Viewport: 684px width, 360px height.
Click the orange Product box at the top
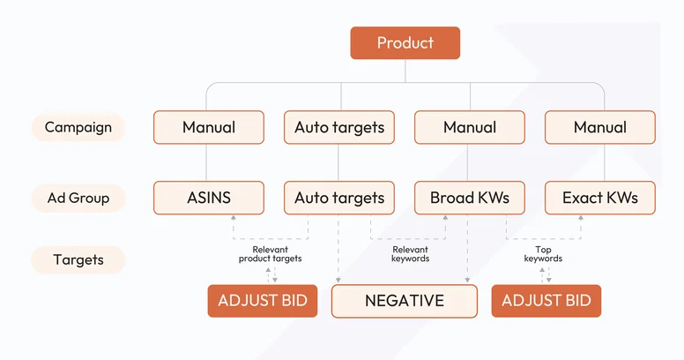405,43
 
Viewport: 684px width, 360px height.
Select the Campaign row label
78,127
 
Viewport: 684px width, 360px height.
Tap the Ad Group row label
78,198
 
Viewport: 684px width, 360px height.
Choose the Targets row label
78,259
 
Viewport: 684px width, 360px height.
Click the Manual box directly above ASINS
209,127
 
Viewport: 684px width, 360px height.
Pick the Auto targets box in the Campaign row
339,127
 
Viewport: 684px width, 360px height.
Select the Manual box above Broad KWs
470,127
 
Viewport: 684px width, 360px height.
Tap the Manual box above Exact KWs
600,127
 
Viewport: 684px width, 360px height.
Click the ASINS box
209,198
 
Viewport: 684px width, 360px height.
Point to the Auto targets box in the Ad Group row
339,198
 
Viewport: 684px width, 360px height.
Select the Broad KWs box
470,198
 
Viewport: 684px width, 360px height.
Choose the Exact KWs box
600,198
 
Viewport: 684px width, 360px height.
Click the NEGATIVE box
405,301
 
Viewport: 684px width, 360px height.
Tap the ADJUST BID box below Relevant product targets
262,301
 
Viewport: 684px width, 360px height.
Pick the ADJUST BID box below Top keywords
546,301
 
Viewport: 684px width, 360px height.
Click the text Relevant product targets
270,254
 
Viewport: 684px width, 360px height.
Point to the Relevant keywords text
410,254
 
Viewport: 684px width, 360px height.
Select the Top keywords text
543,254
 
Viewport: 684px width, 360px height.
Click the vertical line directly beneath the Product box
405,71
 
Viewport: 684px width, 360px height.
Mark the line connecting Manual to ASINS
209,162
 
